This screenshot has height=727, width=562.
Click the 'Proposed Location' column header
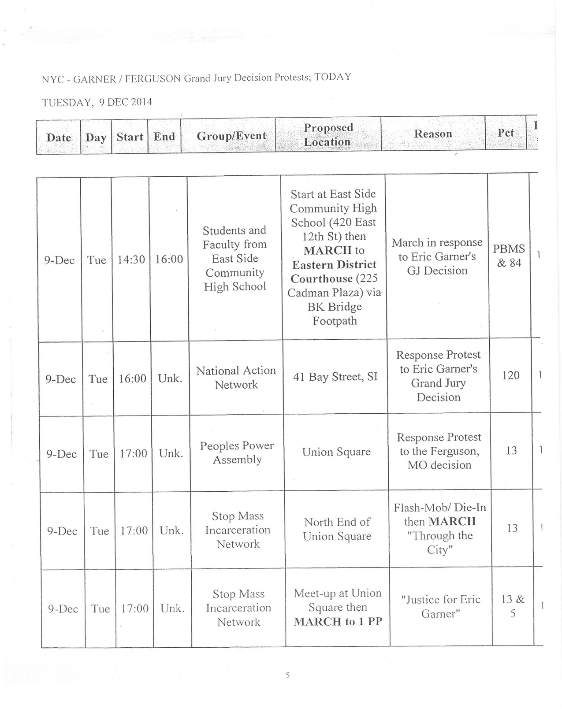[328, 134]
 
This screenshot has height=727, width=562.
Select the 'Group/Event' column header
[231, 136]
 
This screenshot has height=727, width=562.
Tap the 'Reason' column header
[433, 134]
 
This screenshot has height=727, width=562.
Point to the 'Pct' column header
[506, 133]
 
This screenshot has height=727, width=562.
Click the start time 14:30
[131, 259]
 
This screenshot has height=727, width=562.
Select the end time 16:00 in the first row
[169, 259]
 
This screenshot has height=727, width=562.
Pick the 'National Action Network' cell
[236, 378]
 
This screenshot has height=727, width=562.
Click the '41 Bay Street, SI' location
[335, 377]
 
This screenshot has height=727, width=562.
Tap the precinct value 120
[511, 375]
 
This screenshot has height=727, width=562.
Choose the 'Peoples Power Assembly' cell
[237, 453]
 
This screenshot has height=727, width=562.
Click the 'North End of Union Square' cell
[337, 529]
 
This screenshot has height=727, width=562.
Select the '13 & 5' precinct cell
[513, 606]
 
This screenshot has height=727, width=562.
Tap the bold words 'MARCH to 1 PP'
[338, 622]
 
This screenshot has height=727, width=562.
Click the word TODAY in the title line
[333, 77]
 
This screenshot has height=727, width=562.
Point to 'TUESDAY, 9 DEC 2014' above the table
[97, 102]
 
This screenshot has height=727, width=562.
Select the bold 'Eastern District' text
[334, 265]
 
